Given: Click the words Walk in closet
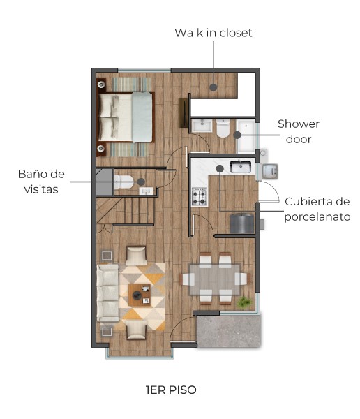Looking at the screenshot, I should [x=213, y=33].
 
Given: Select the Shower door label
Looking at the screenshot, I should [x=298, y=131].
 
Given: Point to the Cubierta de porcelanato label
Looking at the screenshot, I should [x=317, y=209].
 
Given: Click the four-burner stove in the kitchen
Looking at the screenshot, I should [x=199, y=196].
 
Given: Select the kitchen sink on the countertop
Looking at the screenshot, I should [x=240, y=166].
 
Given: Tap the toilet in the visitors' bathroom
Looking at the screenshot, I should [x=124, y=182].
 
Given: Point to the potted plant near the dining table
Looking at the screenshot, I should [x=244, y=302].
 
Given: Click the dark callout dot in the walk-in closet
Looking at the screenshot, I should [x=213, y=87].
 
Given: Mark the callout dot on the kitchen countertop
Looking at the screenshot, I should [x=219, y=168].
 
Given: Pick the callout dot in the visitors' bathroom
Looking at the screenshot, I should [x=142, y=182].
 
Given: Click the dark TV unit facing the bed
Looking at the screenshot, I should [x=184, y=112].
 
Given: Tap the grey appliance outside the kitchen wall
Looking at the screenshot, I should [x=271, y=170].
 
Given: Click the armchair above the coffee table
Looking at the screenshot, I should [x=136, y=255].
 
